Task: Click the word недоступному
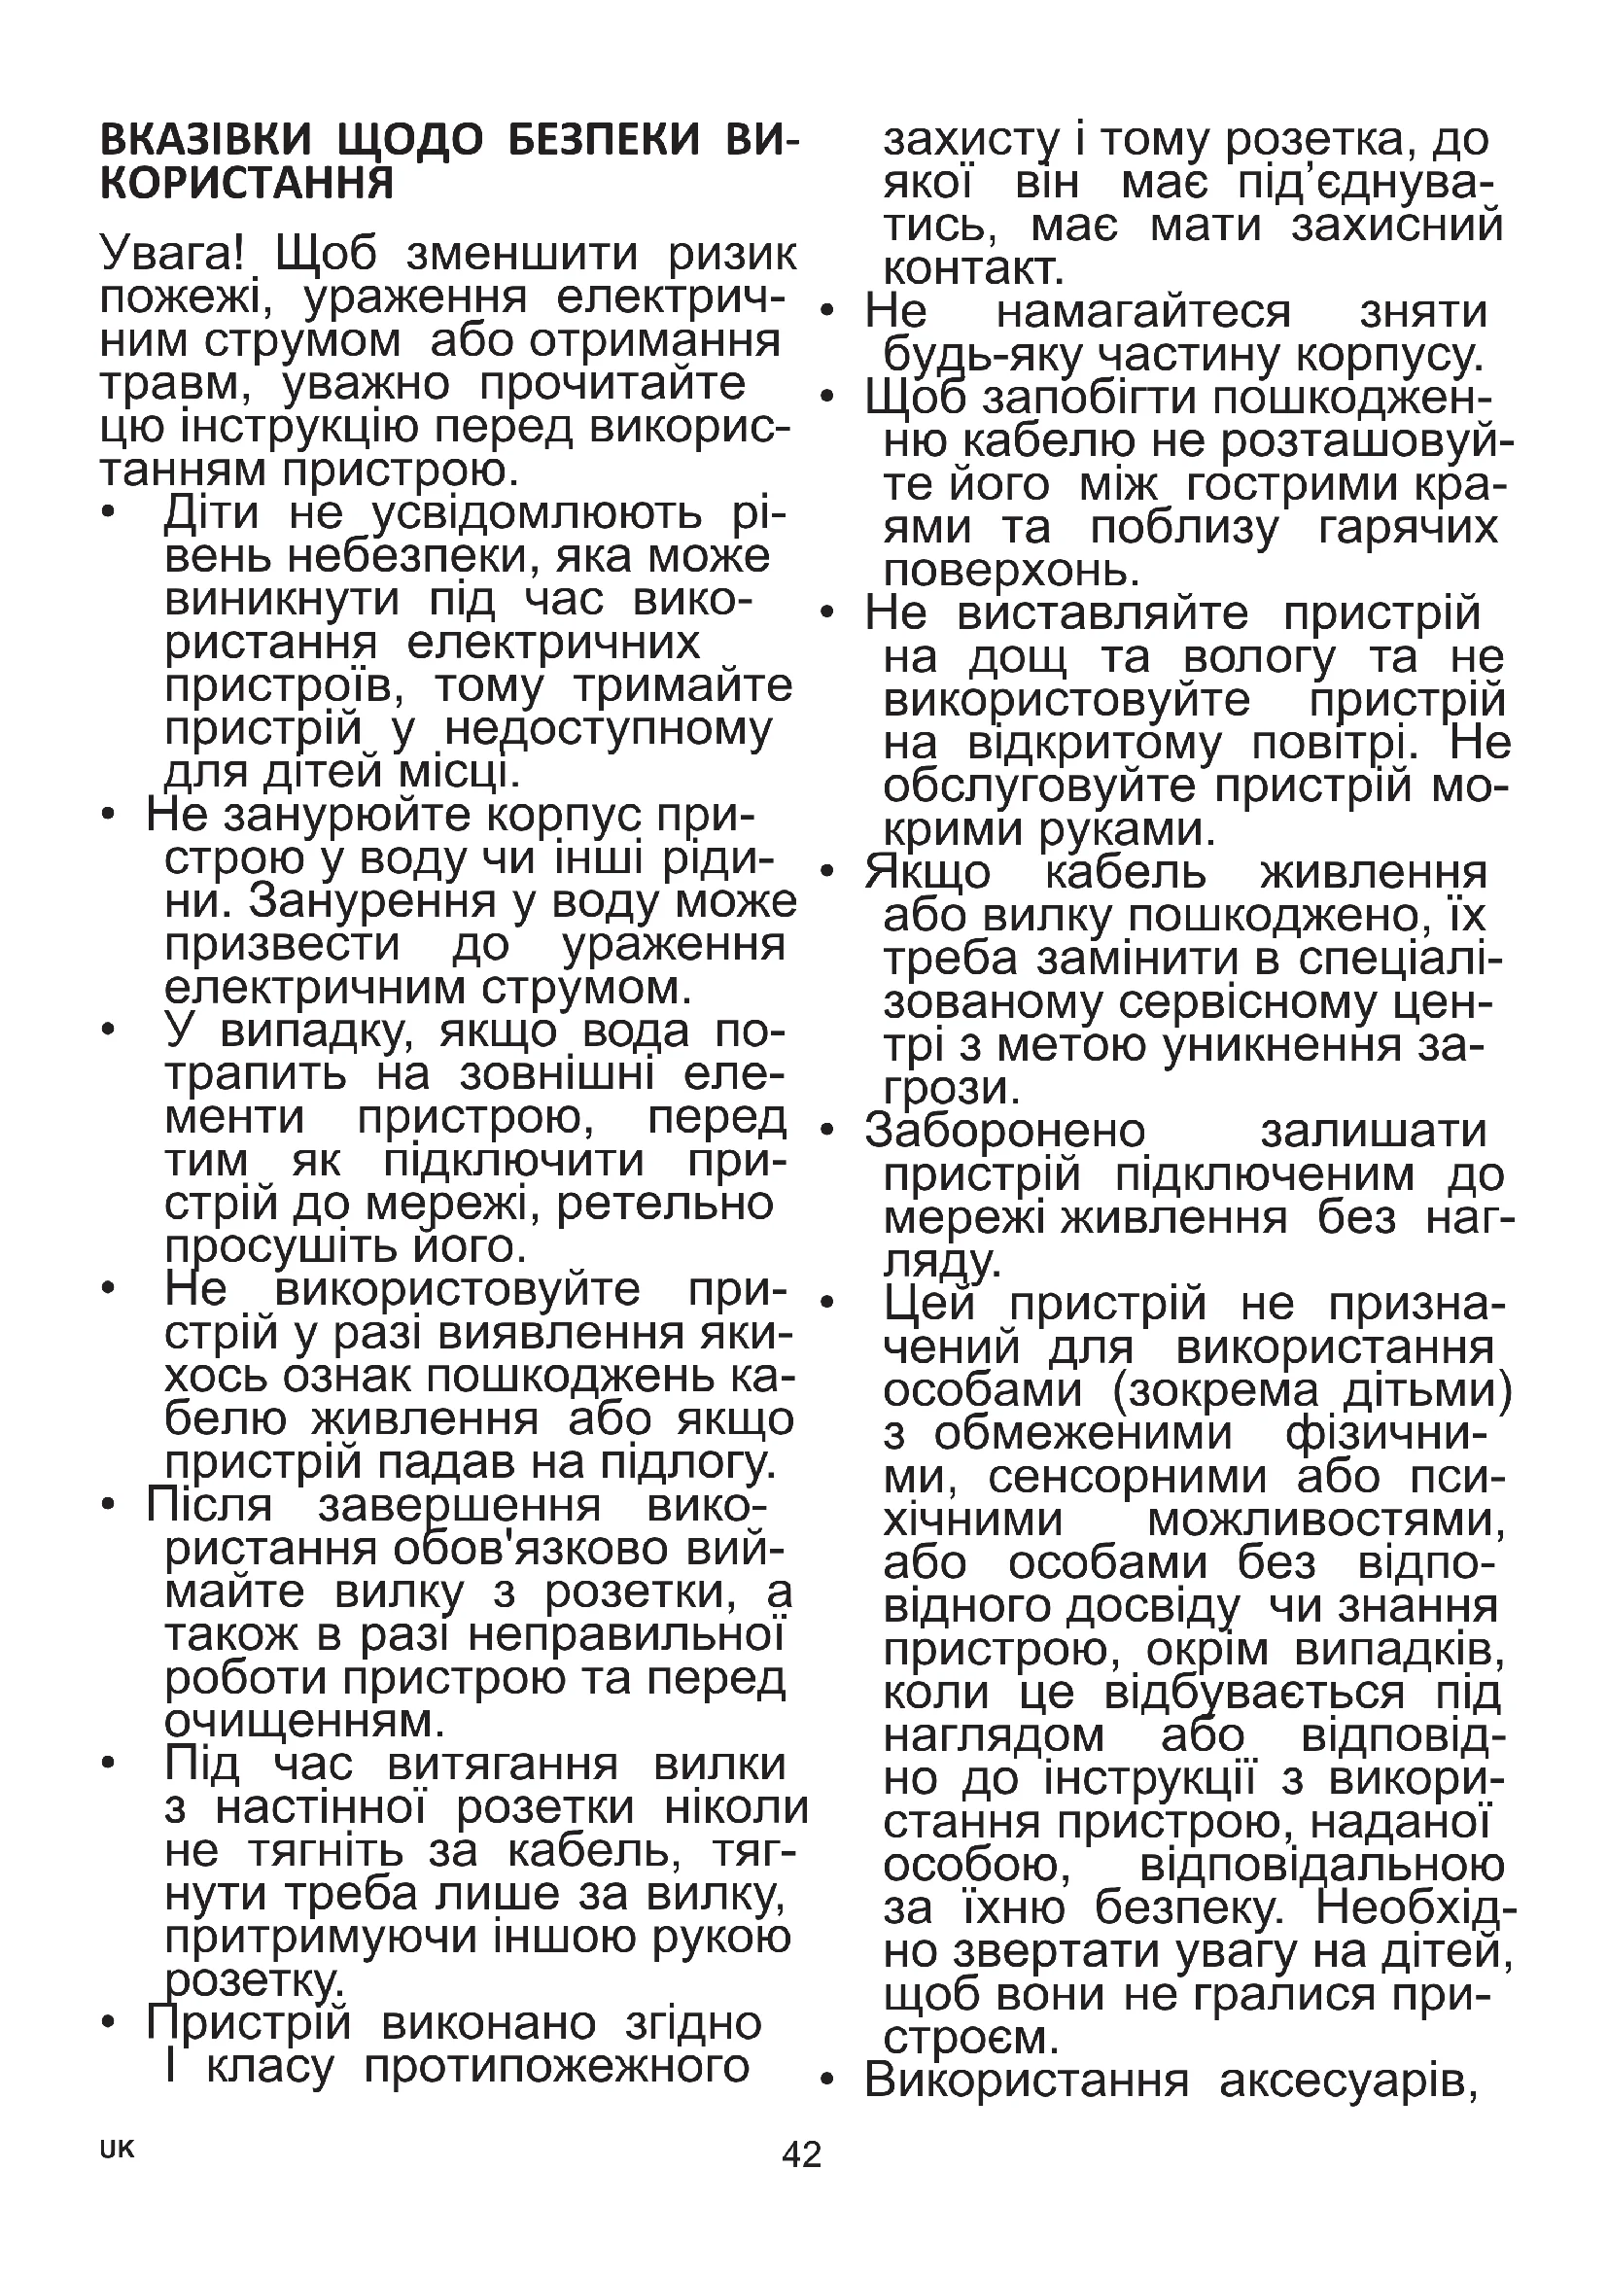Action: (x=608, y=730)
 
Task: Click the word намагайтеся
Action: (x=1143, y=312)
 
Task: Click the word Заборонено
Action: (x=1005, y=1131)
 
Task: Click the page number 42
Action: (x=802, y=2153)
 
